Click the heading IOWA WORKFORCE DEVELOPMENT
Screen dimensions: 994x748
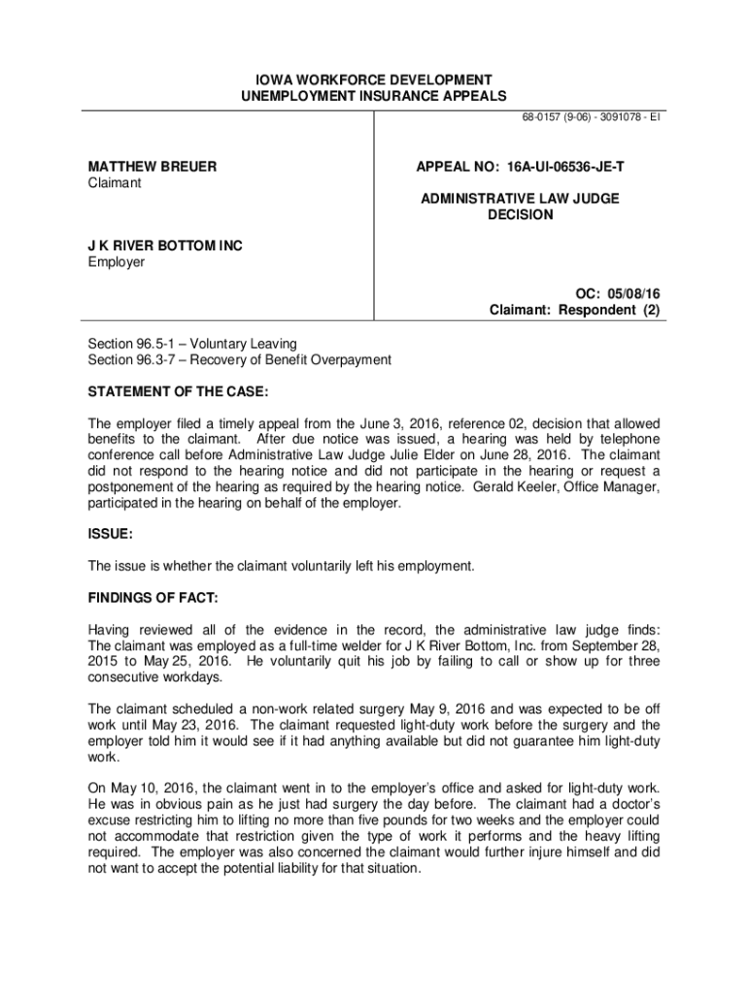374,80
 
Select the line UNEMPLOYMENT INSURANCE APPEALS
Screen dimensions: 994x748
374,96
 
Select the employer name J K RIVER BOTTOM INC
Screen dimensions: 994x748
165,246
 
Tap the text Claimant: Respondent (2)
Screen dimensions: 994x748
576,310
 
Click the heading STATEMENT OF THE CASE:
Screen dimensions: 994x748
178,391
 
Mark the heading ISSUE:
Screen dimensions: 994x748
110,534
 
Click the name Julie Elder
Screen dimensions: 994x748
466,455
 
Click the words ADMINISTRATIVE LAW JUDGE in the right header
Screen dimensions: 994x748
520,199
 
